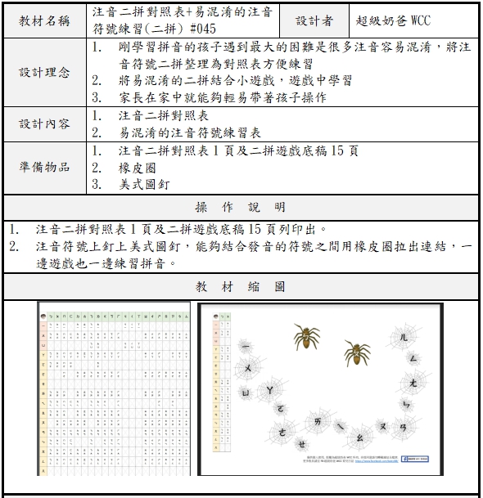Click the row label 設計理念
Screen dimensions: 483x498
44,72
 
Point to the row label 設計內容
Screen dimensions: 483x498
44,123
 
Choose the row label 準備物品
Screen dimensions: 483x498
44,167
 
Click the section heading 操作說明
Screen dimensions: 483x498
241,206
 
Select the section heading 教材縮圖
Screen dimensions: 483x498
241,287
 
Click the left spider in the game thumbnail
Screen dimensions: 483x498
306,334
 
